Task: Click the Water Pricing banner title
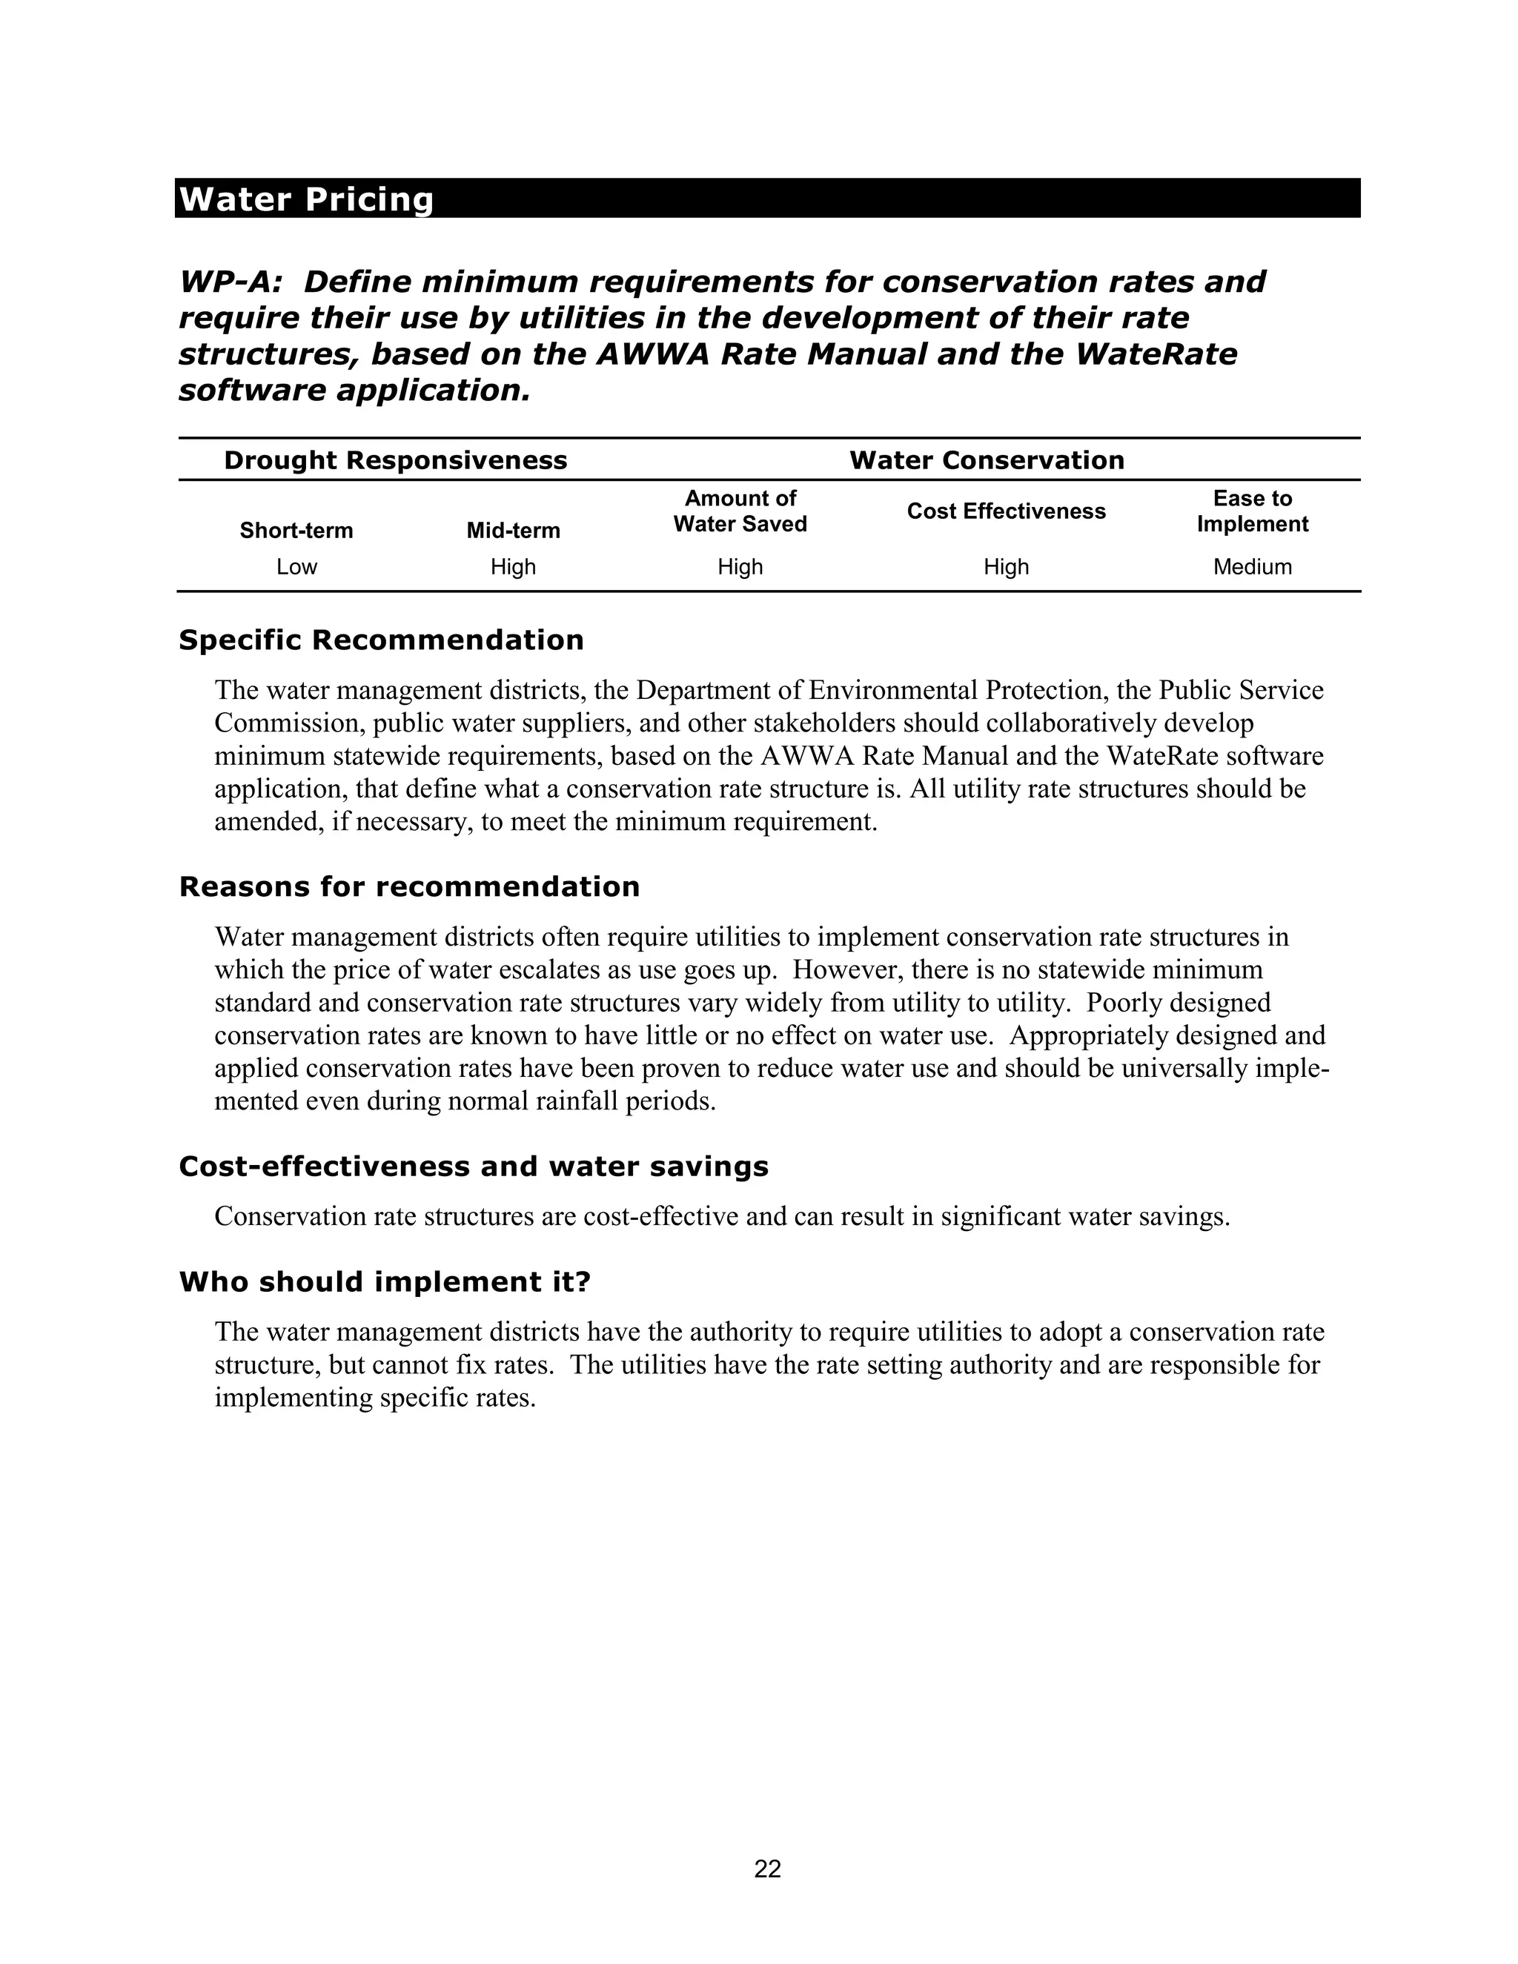point(306,199)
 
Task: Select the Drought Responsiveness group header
point(395,460)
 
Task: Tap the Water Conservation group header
point(987,460)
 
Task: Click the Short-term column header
point(296,531)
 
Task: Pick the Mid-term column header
point(513,531)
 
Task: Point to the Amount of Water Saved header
point(740,511)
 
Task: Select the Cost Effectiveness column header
point(1005,511)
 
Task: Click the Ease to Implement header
point(1252,511)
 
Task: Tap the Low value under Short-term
point(296,566)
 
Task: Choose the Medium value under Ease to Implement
point(1252,566)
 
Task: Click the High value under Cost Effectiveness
point(1005,566)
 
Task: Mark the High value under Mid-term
point(513,566)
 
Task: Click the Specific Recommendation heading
point(381,640)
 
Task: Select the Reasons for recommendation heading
point(409,886)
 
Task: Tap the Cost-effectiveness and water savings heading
point(474,1167)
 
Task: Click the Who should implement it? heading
point(385,1281)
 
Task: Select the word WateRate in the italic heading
point(1156,354)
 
